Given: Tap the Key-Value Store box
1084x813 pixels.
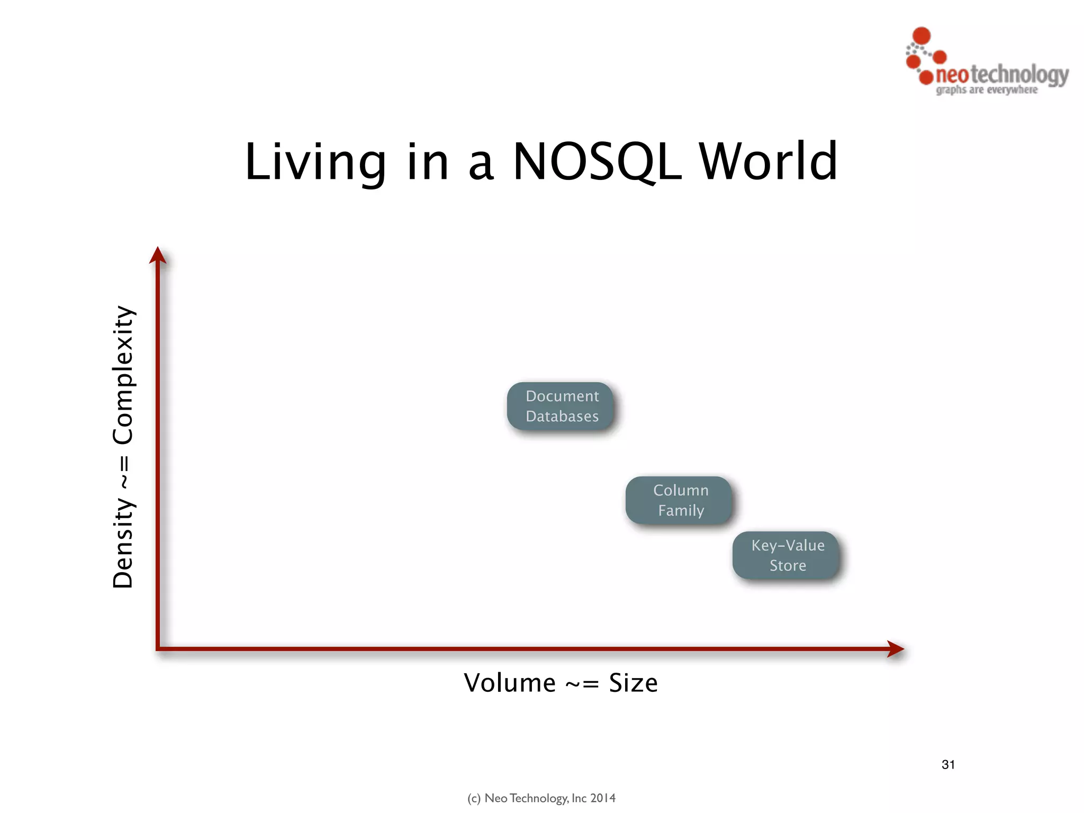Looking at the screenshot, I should pyautogui.click(x=787, y=555).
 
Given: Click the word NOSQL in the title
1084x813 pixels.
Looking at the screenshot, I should pyautogui.click(x=598, y=162).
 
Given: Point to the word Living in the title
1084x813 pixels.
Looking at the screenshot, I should pyautogui.click(x=315, y=162).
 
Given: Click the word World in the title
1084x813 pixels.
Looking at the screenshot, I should pyautogui.click(x=769, y=162).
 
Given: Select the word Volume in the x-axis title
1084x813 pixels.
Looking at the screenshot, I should pyautogui.click(x=510, y=683).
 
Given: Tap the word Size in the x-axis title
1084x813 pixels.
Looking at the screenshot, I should pyautogui.click(x=633, y=683).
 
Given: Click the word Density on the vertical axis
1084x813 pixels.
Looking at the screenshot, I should pyautogui.click(x=123, y=543).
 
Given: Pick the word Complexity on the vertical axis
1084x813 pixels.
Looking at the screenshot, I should pyautogui.click(x=123, y=375).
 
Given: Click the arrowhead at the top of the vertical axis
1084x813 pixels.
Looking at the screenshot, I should pyautogui.click(x=158, y=255).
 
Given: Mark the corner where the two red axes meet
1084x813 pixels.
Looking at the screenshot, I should pyautogui.click(x=158, y=648).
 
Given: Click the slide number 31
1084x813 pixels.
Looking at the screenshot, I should pyautogui.click(x=948, y=764).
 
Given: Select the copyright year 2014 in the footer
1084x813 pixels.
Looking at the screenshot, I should pyautogui.click(x=603, y=798).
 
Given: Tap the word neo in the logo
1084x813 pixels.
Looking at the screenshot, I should pyautogui.click(x=952, y=75).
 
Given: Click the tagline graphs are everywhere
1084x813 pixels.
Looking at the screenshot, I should pyautogui.click(x=987, y=90).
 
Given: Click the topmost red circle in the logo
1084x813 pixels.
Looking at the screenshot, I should pyautogui.click(x=922, y=35).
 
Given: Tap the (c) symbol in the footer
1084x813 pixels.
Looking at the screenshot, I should pyautogui.click(x=474, y=798).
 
